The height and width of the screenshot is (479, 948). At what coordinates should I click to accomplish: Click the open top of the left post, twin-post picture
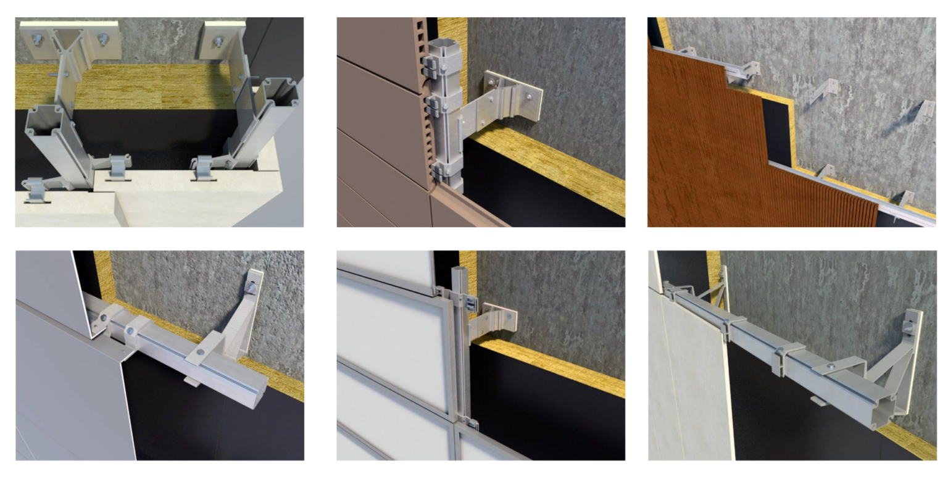tap(43, 117)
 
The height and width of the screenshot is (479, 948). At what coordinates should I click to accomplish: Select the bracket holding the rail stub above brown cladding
tap(748, 70)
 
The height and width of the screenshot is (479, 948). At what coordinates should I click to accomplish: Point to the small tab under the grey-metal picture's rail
tap(192, 381)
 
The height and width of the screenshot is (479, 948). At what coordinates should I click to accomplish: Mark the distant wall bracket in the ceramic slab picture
tap(723, 284)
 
